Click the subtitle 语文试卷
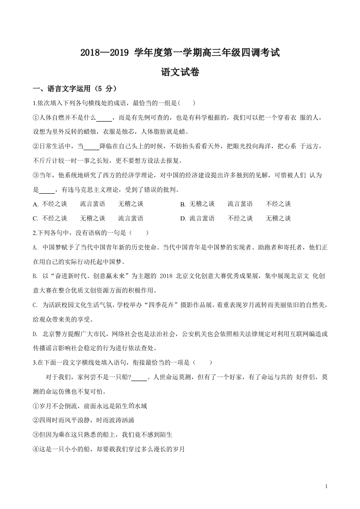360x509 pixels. [x=180, y=72]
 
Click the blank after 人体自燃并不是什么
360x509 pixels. [x=104, y=118]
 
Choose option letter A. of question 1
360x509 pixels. [x=36, y=204]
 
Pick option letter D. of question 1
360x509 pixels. [x=183, y=219]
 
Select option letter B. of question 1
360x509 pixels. [x=183, y=204]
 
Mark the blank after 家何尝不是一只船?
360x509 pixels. [x=140, y=378]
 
